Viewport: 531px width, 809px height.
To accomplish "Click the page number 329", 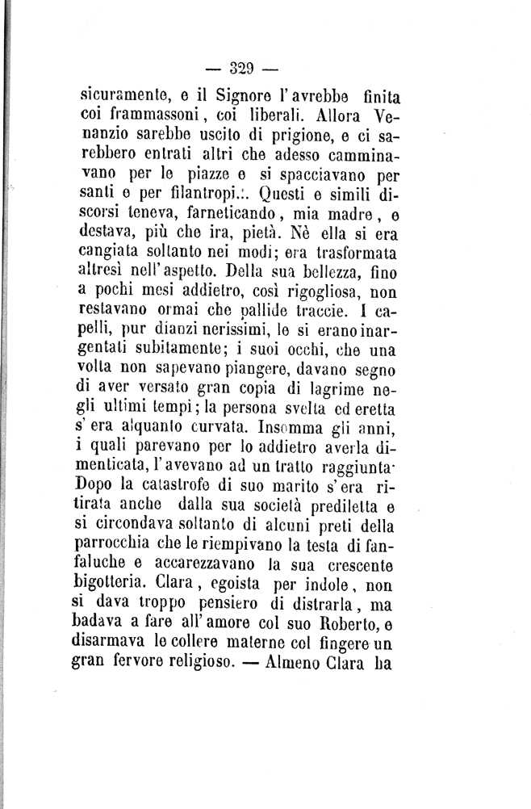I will [x=265, y=68].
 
